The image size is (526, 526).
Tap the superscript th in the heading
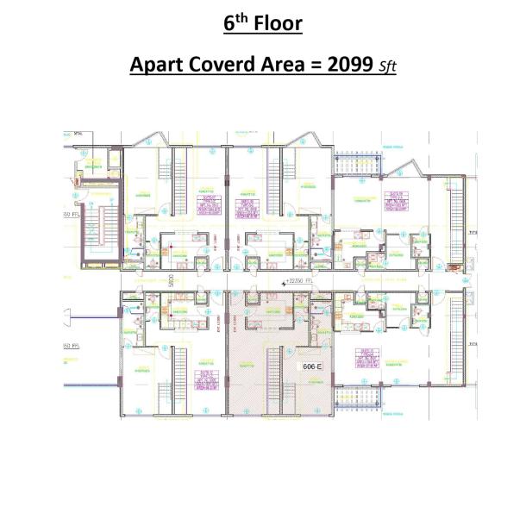coord(241,17)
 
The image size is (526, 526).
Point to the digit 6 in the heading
coord(229,23)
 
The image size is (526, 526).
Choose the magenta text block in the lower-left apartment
coord(206,380)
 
